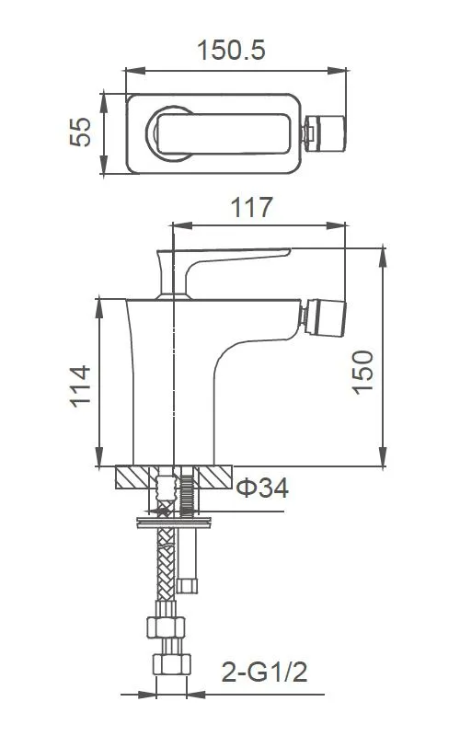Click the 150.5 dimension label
(231, 51)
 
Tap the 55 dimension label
(80, 132)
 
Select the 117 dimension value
(251, 208)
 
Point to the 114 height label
(80, 385)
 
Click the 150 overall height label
(362, 372)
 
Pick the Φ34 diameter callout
(262, 488)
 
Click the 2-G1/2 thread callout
(264, 672)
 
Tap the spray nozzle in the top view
(324, 133)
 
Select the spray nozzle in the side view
(324, 318)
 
